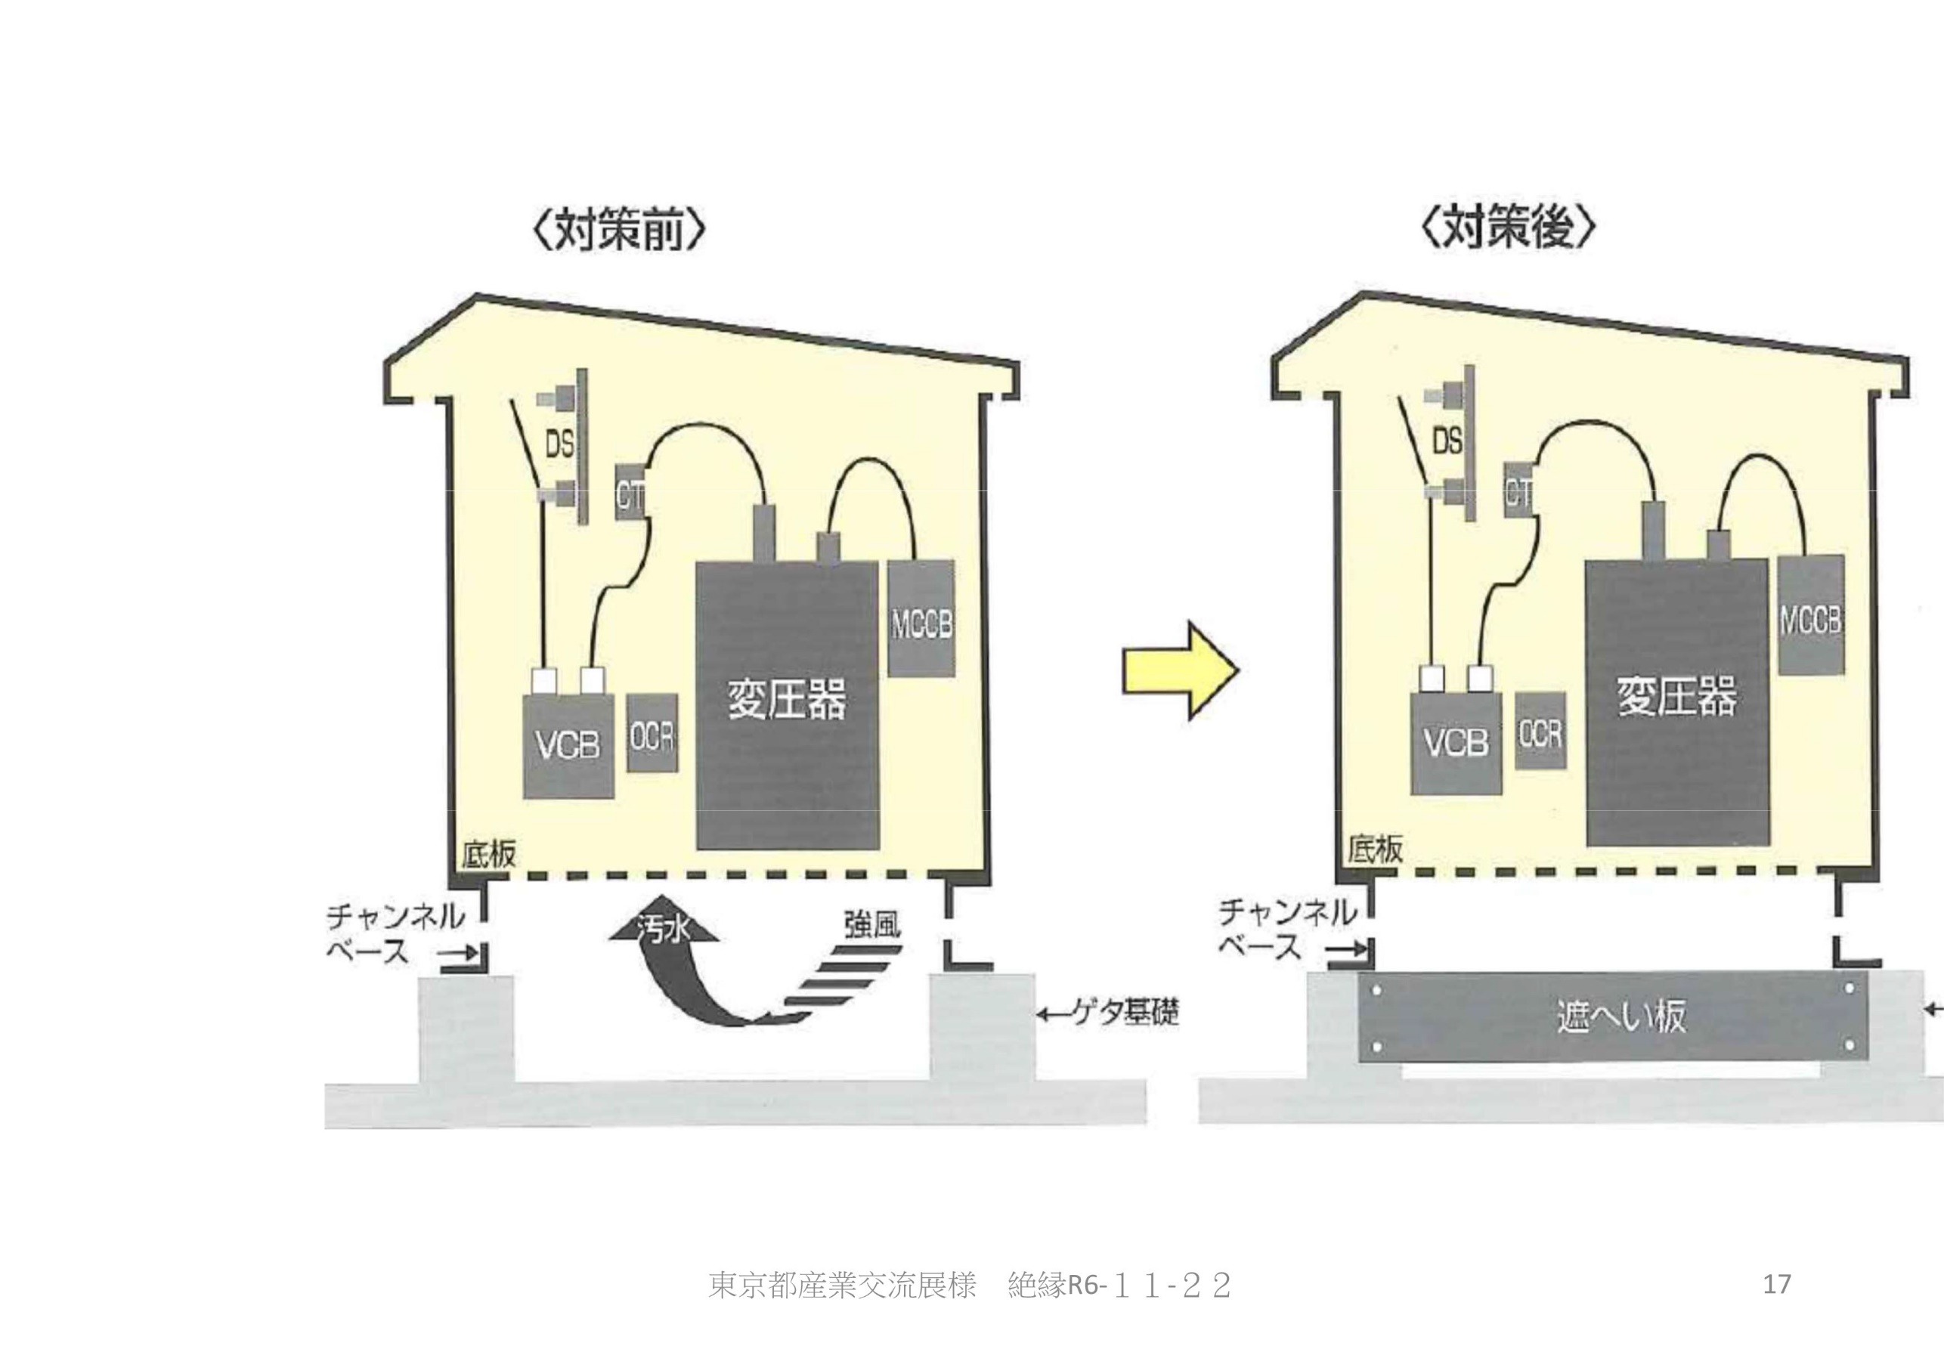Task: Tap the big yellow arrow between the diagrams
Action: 1180,670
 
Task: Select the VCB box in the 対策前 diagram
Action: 568,744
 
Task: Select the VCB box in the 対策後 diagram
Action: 1456,742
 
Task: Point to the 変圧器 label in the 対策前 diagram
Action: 786,699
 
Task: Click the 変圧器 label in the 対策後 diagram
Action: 1676,697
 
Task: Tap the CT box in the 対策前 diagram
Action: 629,494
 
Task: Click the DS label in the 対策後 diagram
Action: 1447,441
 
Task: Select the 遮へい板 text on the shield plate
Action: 1621,1016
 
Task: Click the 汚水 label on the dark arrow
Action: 664,930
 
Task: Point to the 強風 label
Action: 872,925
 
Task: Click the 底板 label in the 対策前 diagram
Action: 488,853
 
